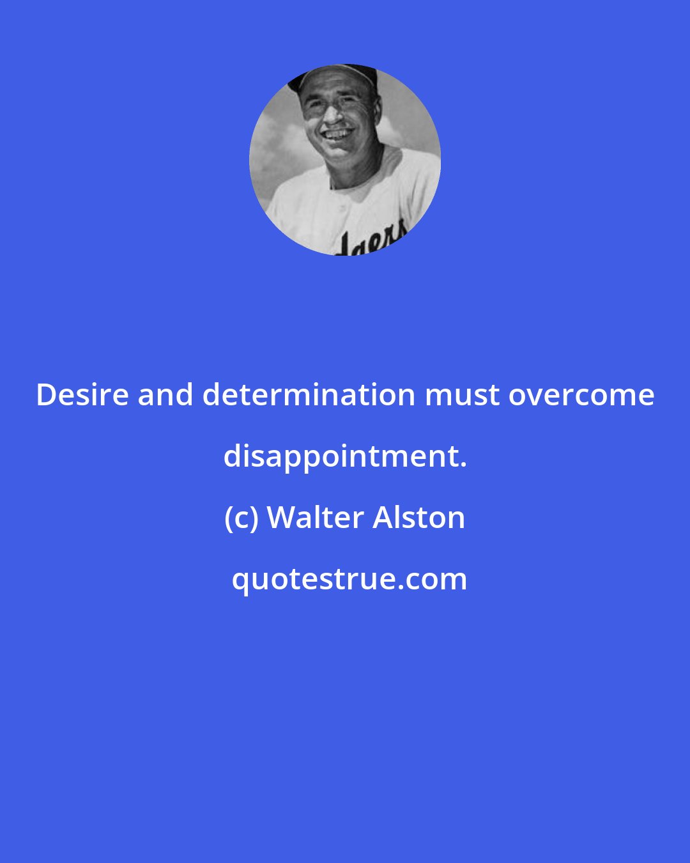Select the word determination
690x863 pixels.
[x=309, y=395]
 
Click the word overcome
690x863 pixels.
[x=581, y=395]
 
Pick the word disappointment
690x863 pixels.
[x=341, y=456]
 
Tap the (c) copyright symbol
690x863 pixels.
[x=241, y=518]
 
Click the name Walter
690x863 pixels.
[x=316, y=518]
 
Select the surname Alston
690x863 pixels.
[x=418, y=518]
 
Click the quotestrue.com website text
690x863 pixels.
[x=349, y=579]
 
